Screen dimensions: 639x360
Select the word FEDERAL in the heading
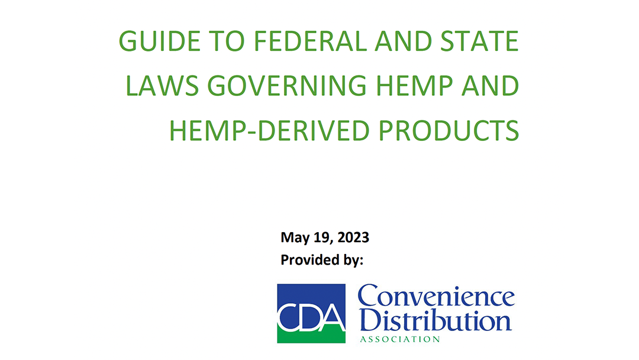[310, 41]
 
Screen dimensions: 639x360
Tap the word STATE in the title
[480, 41]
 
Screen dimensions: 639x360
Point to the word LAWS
[162, 86]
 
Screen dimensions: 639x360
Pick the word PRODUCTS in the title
[448, 130]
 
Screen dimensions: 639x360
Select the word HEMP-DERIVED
[269, 130]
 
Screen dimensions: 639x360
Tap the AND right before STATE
[404, 41]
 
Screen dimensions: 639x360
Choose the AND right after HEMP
[490, 86]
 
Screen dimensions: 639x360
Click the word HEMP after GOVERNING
[414, 86]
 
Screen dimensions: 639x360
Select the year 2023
[353, 237]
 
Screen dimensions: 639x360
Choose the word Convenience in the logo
[436, 296]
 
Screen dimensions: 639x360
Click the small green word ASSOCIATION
[400, 339]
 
